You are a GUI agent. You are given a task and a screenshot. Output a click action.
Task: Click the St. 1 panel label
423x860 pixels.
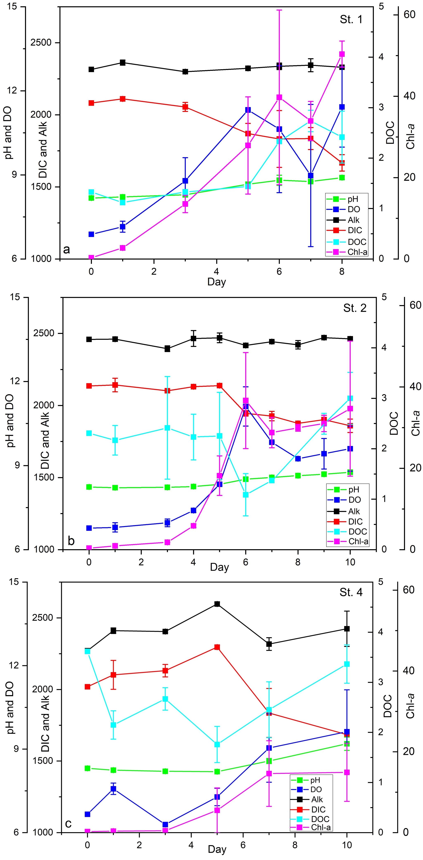coord(351,19)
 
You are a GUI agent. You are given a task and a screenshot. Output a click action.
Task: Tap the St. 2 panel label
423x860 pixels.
coord(354,308)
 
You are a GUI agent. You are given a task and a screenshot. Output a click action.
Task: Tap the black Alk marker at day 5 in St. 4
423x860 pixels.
coord(217,604)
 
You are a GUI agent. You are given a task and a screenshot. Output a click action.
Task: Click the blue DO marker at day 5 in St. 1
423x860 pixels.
coord(248,110)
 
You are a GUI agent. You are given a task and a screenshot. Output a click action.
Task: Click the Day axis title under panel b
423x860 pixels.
coord(219,567)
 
